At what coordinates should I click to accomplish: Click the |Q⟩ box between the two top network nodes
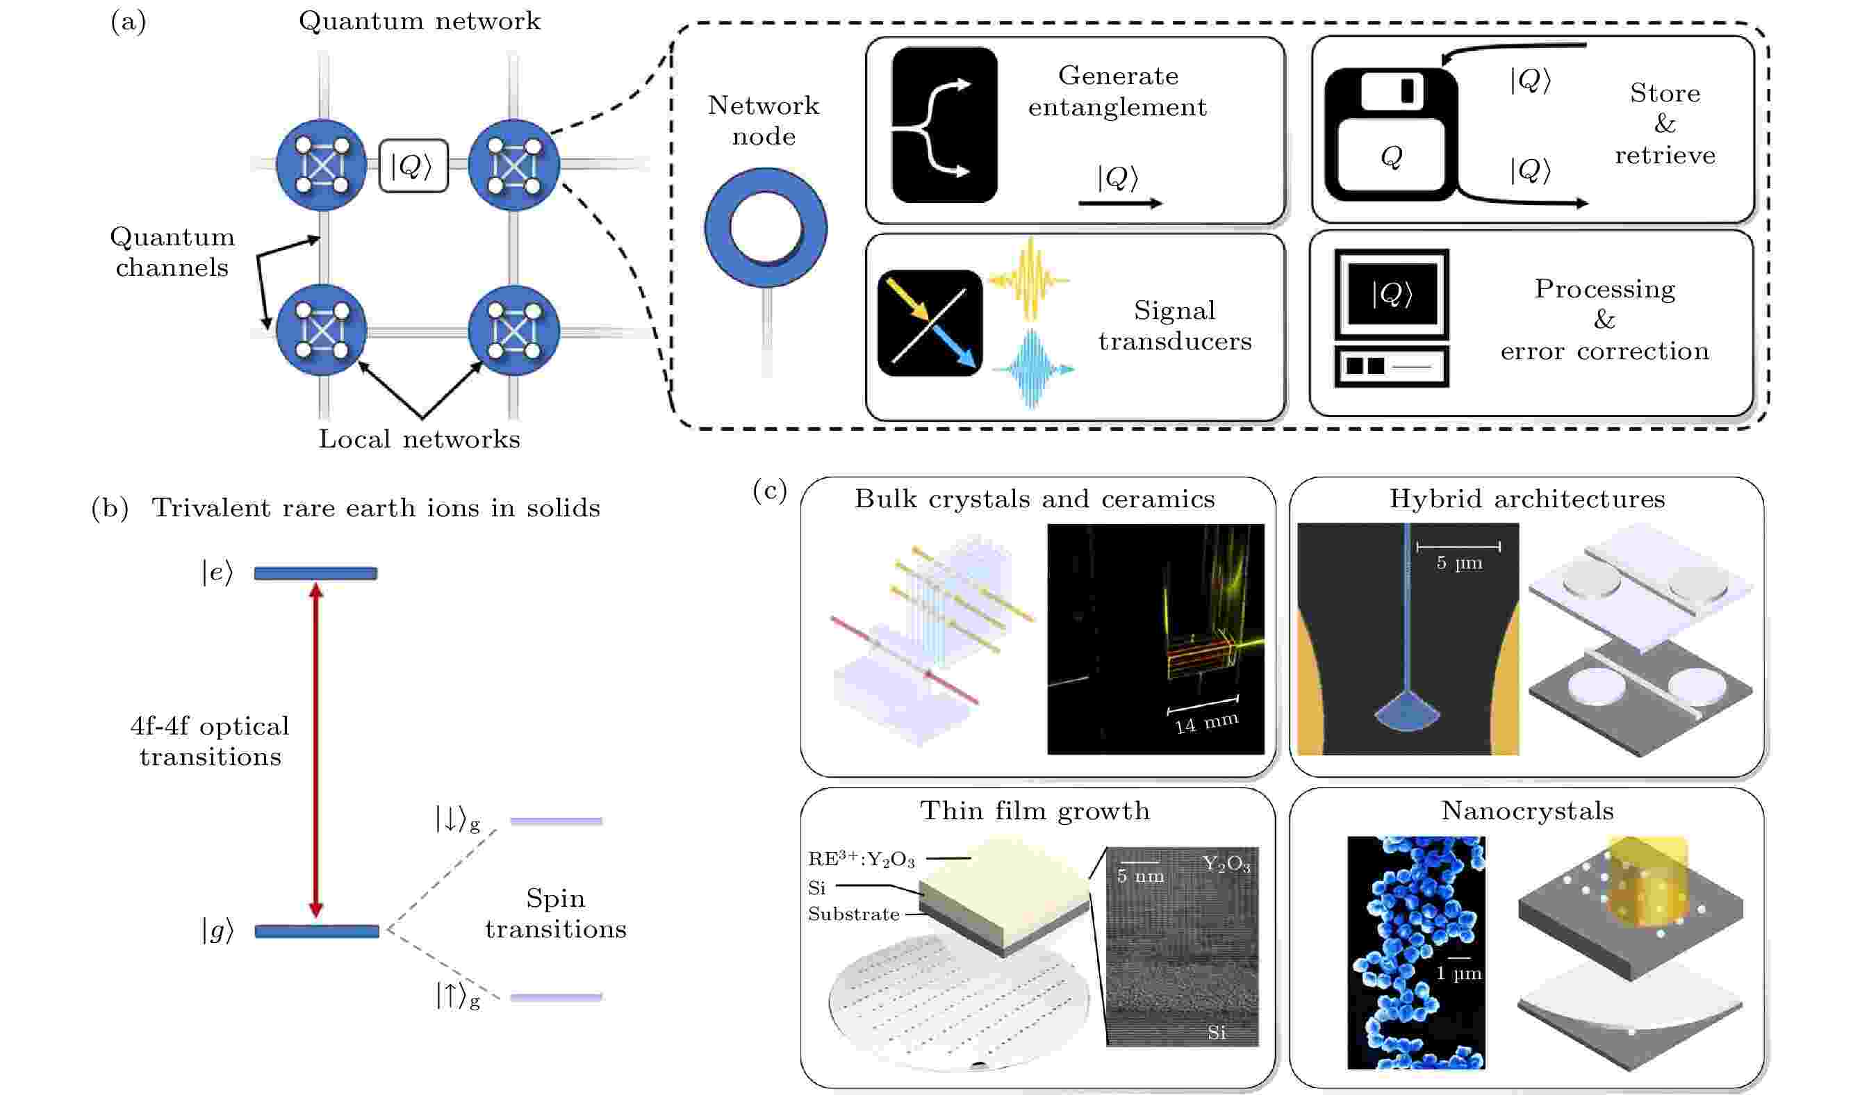[413, 166]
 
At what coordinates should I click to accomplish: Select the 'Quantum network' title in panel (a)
[420, 21]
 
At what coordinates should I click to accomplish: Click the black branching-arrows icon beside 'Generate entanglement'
[945, 124]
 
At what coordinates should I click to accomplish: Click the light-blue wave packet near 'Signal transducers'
[1033, 368]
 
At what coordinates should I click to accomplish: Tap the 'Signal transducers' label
[1174, 325]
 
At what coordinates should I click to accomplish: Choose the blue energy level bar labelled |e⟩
[315, 573]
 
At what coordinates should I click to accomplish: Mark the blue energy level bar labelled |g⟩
[316, 931]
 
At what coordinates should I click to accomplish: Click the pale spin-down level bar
[557, 821]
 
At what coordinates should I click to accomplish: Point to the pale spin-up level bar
[557, 998]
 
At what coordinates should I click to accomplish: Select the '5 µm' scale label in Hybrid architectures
[1459, 563]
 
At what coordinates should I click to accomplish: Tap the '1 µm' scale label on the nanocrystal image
[1458, 974]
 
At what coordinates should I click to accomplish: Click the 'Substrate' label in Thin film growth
[854, 914]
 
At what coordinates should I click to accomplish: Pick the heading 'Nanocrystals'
[1527, 811]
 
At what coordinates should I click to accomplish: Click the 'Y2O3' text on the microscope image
[1226, 864]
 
